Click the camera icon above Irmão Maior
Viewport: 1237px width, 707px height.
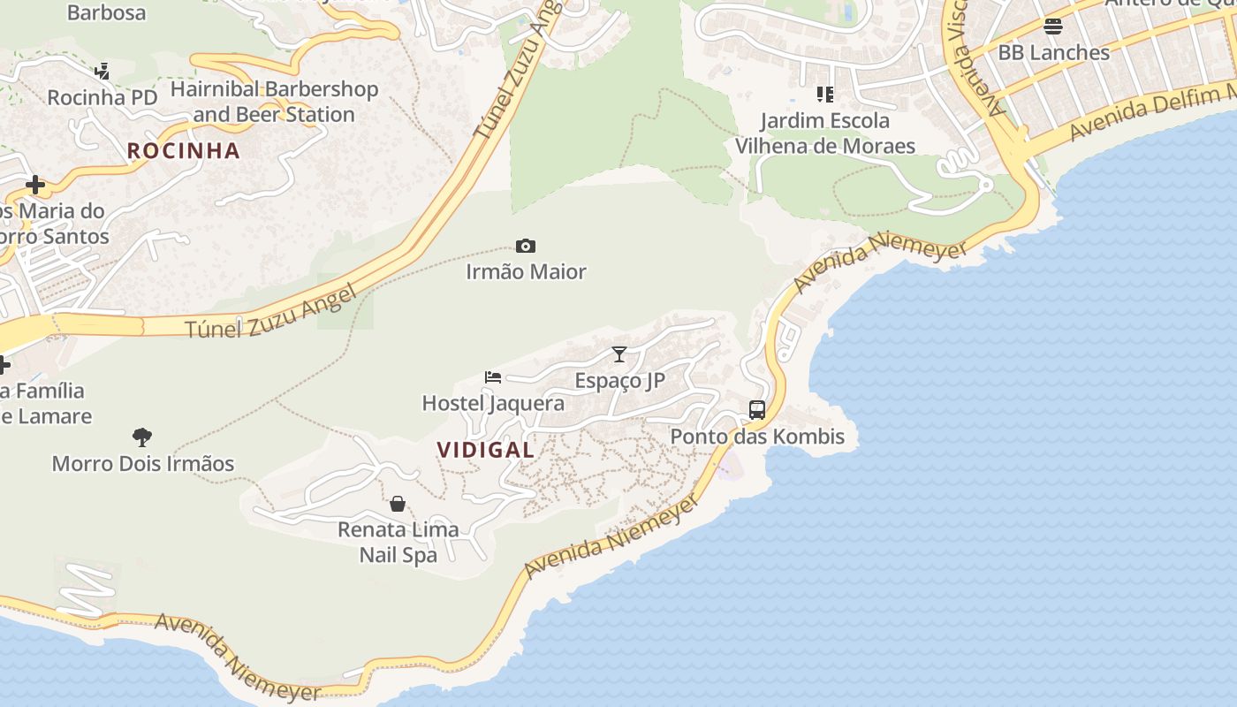526,246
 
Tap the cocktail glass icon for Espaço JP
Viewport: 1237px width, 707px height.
619,354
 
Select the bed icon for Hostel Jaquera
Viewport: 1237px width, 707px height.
493,377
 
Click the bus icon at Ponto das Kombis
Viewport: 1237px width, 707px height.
757,410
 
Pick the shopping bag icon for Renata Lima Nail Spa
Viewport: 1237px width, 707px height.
398,504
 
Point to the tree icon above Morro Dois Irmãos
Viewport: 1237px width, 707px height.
142,437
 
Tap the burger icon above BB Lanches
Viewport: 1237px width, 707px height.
1052,27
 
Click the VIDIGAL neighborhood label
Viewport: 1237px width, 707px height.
486,450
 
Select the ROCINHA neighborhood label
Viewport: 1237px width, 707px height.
184,151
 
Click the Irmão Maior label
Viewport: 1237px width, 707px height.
527,272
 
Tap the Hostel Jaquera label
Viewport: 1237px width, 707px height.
493,404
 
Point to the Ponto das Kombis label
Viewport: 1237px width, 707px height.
757,437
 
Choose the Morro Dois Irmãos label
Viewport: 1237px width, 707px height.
143,464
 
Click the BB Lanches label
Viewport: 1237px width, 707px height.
1053,53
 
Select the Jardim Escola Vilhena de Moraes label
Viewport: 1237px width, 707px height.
825,133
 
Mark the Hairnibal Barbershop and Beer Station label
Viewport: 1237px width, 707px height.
274,102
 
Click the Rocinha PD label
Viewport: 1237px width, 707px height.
102,97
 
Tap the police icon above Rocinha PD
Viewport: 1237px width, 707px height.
102,71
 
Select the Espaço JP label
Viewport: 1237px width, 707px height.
619,381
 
